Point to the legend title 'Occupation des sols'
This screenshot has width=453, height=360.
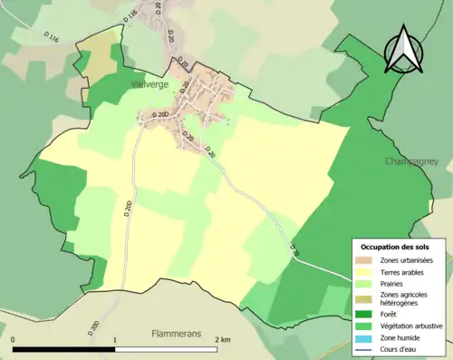click(x=395, y=247)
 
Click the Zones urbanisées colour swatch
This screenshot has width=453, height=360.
click(x=367, y=259)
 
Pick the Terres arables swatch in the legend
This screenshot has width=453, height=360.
click(x=367, y=271)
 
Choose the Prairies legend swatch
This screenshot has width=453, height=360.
click(x=367, y=283)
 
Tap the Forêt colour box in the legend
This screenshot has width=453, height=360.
click(x=367, y=314)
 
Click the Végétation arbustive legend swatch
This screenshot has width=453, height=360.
click(x=367, y=326)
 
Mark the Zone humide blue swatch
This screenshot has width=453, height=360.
click(x=367, y=337)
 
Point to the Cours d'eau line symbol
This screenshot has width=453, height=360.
click(x=367, y=349)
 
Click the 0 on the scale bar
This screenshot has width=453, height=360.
click(x=14, y=339)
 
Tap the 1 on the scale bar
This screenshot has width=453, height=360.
click(x=114, y=339)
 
